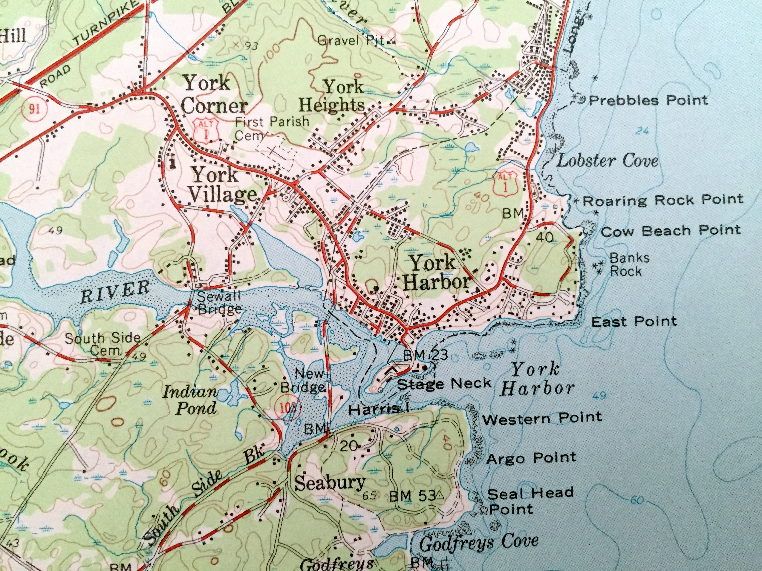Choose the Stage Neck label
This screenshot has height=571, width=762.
(x=444, y=383)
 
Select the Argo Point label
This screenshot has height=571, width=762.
(x=531, y=458)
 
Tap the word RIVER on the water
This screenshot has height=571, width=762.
(x=115, y=291)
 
